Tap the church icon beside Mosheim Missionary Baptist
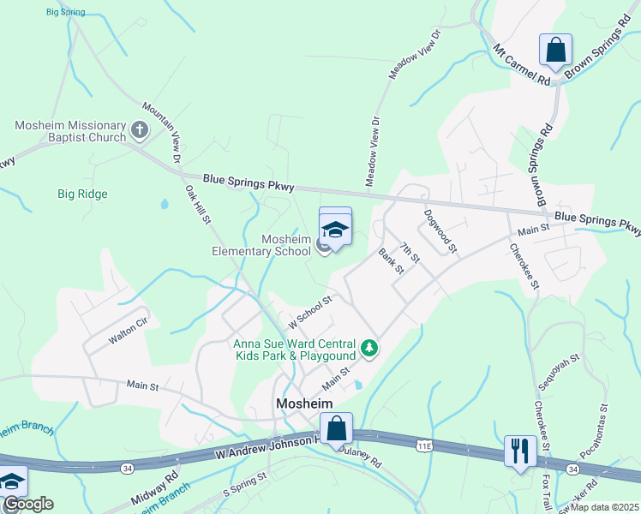click(x=140, y=130)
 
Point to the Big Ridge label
click(x=82, y=194)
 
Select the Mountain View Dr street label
click(x=162, y=133)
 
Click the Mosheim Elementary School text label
click(x=261, y=245)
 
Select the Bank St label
click(x=391, y=261)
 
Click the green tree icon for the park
click(x=369, y=347)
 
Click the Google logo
click(x=27, y=504)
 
